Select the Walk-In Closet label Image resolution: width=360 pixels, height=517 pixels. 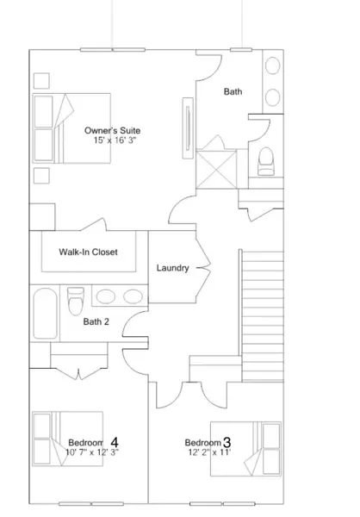coord(88,252)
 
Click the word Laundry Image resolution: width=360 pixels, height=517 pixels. coord(172,268)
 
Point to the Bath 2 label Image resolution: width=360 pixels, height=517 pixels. coord(96,322)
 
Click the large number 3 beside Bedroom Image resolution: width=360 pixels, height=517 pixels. coord(227,441)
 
